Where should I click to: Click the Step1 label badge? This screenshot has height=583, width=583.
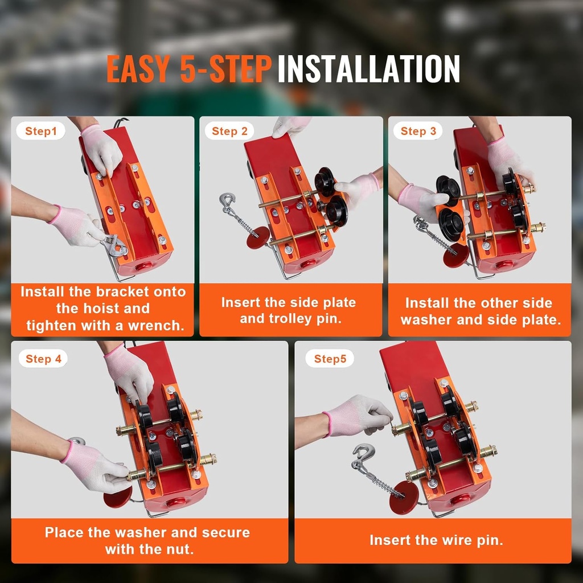pyautogui.click(x=41, y=132)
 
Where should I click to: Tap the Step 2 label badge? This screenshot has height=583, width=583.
pyautogui.click(x=229, y=132)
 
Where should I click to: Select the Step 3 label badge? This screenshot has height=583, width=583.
pyautogui.click(x=418, y=132)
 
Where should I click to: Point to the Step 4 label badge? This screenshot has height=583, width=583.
pyautogui.click(x=43, y=359)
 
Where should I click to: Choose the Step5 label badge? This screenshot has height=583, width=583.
pyautogui.click(x=330, y=359)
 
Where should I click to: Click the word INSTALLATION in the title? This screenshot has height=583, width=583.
pyautogui.click(x=368, y=69)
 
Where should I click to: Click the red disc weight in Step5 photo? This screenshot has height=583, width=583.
pyautogui.click(x=404, y=497)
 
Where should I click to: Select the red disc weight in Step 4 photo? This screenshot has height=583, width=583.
pyautogui.click(x=118, y=496)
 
